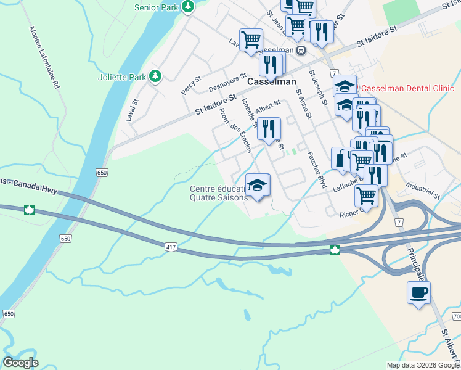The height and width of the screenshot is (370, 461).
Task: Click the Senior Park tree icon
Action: click(187, 7)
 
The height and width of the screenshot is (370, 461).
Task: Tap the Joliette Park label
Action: click(122, 77)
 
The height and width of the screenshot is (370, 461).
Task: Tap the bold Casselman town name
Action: click(272, 81)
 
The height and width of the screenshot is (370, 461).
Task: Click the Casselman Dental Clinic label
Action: click(407, 88)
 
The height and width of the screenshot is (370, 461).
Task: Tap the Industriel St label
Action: click(423, 191)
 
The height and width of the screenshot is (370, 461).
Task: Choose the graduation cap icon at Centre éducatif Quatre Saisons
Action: click(258, 184)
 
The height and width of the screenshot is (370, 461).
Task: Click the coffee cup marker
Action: click(418, 292)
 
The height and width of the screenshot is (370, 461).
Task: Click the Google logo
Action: click(20, 363)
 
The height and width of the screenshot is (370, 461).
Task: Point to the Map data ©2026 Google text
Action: click(422, 365)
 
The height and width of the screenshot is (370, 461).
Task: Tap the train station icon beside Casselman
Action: click(301, 51)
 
